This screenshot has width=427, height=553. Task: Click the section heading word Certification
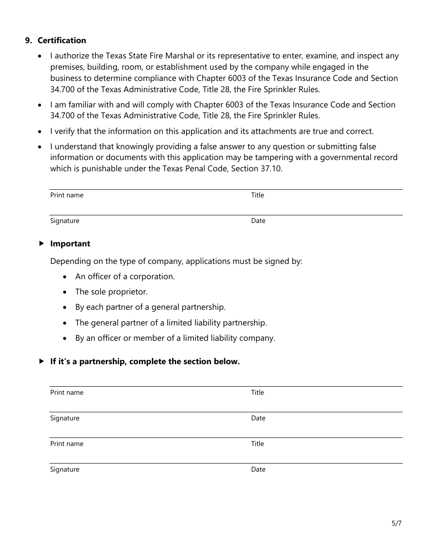pos(62,40)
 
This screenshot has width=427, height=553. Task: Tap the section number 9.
pos(28,40)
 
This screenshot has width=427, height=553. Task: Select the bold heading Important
pos(70,244)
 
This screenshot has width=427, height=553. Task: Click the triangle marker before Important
pos(41,243)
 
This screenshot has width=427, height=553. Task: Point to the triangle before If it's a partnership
pos(41,361)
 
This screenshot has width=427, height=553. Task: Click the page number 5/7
pos(396,523)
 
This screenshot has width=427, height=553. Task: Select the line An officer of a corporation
pos(125,276)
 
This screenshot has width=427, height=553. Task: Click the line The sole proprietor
pos(111,292)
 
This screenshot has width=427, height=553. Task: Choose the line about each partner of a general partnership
pos(150,307)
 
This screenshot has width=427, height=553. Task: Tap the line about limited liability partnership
pos(171,323)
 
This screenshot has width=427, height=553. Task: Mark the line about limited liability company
pos(175,338)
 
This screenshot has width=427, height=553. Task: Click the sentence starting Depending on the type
pos(176,261)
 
